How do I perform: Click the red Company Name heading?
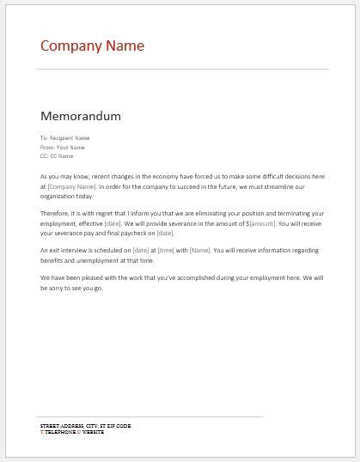coord(92,46)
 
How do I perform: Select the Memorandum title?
coord(81,115)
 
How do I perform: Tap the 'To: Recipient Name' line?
coord(64,137)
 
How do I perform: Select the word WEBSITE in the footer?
coord(93,431)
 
